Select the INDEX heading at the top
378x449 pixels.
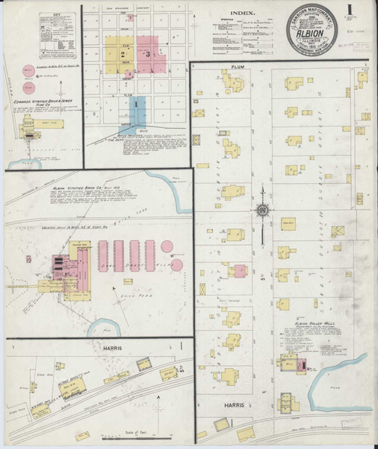243,13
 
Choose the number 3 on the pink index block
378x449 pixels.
149,54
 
